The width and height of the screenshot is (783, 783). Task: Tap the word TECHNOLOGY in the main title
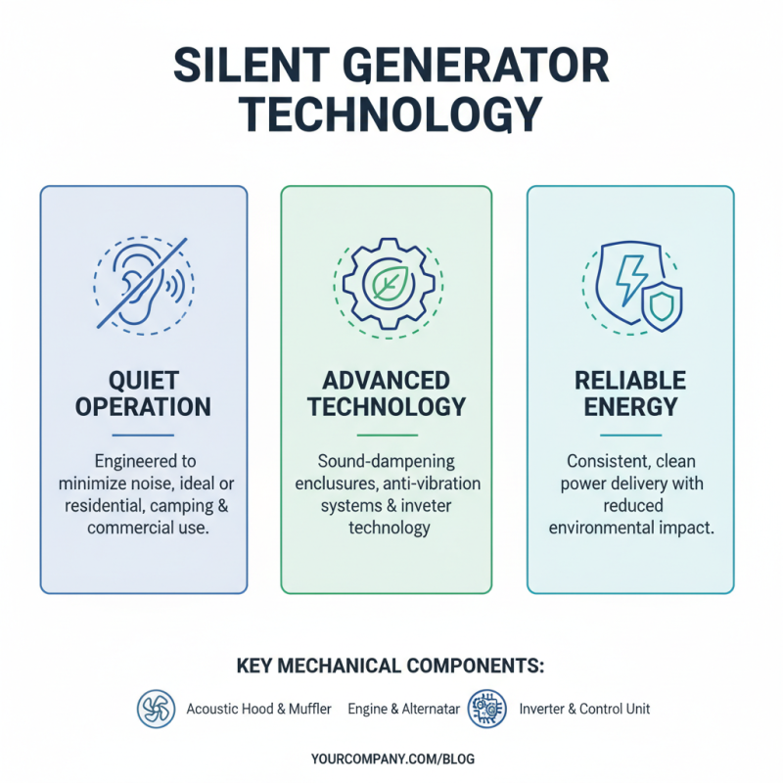click(x=391, y=115)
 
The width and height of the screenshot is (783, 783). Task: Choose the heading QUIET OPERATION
click(x=144, y=392)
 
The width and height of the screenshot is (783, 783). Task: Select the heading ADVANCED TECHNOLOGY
click(x=386, y=392)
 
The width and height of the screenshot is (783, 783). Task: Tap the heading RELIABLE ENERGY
click(x=630, y=392)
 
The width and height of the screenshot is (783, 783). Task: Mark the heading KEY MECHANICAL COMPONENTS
click(x=391, y=667)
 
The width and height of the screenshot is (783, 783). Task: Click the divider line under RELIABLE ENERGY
click(x=630, y=435)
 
